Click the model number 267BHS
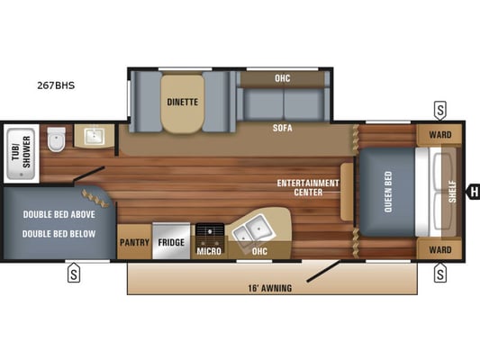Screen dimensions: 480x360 56,85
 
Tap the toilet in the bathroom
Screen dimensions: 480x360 57,139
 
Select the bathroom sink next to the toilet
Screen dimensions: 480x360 95,137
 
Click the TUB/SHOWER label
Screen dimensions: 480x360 22,152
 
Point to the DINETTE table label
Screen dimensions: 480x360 183,102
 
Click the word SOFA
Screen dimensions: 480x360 283,128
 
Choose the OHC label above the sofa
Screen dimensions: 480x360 282,78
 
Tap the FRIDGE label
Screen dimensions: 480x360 171,242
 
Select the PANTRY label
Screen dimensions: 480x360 134,242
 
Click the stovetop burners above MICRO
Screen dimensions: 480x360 210,229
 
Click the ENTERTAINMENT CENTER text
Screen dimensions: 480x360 308,187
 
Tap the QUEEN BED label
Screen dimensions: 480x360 388,192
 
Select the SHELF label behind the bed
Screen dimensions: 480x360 452,192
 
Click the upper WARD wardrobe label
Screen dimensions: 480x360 440,135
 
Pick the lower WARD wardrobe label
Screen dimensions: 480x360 440,250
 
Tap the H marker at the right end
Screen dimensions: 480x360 474,192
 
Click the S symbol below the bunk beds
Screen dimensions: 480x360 74,273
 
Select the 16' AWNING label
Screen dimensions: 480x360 269,288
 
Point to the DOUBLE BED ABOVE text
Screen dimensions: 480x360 59,214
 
